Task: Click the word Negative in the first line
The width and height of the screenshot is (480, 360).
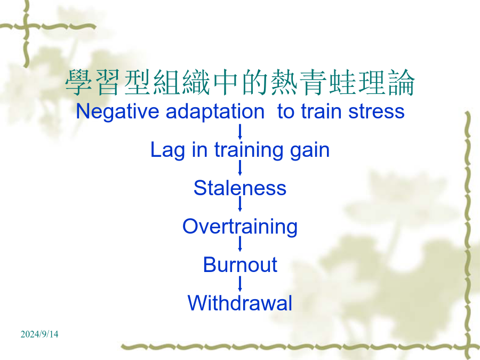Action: click(x=117, y=112)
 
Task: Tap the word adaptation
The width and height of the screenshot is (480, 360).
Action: click(x=215, y=111)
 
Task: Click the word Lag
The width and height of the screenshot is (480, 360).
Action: click(x=168, y=150)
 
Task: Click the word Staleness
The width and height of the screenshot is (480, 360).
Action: click(x=240, y=188)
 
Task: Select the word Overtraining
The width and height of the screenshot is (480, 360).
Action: click(x=240, y=227)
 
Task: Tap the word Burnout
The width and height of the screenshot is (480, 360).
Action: click(x=240, y=265)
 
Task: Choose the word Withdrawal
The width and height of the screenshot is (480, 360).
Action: click(x=240, y=303)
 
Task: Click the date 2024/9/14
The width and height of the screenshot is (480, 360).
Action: click(x=39, y=334)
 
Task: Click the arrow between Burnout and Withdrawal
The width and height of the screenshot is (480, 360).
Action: click(x=240, y=284)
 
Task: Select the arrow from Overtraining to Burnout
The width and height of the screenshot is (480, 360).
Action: click(x=240, y=244)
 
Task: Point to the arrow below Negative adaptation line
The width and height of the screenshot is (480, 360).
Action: click(x=240, y=132)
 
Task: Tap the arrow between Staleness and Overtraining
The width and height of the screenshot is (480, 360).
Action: click(x=240, y=204)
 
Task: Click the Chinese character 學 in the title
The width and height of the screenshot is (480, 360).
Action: click(x=79, y=82)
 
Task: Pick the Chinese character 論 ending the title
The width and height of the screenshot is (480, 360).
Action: click(x=402, y=82)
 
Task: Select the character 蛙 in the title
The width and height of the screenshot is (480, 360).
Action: click(x=343, y=82)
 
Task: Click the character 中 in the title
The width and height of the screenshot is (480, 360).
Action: click(x=226, y=82)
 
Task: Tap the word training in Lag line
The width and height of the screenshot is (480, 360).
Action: click(x=249, y=150)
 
